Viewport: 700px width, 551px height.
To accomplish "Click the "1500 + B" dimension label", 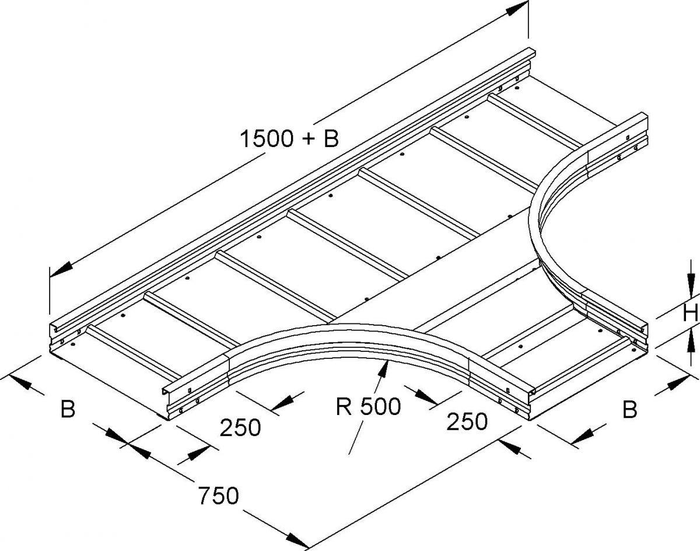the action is tap(289, 139).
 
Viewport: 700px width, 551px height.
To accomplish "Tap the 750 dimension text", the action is tap(219, 496).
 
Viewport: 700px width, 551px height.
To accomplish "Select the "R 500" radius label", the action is tap(368, 407).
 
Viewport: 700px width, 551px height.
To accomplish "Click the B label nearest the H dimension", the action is tap(630, 410).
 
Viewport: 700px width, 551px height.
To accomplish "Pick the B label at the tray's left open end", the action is tap(68, 409).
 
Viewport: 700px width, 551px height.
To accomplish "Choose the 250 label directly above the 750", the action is tap(240, 427).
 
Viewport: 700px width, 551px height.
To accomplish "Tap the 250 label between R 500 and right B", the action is tap(467, 422).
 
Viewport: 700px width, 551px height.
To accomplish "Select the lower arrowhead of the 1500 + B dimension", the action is tap(61, 271).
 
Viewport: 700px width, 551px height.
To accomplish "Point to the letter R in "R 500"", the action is tap(344, 407).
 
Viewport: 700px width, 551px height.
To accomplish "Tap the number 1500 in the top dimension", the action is tap(265, 139).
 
